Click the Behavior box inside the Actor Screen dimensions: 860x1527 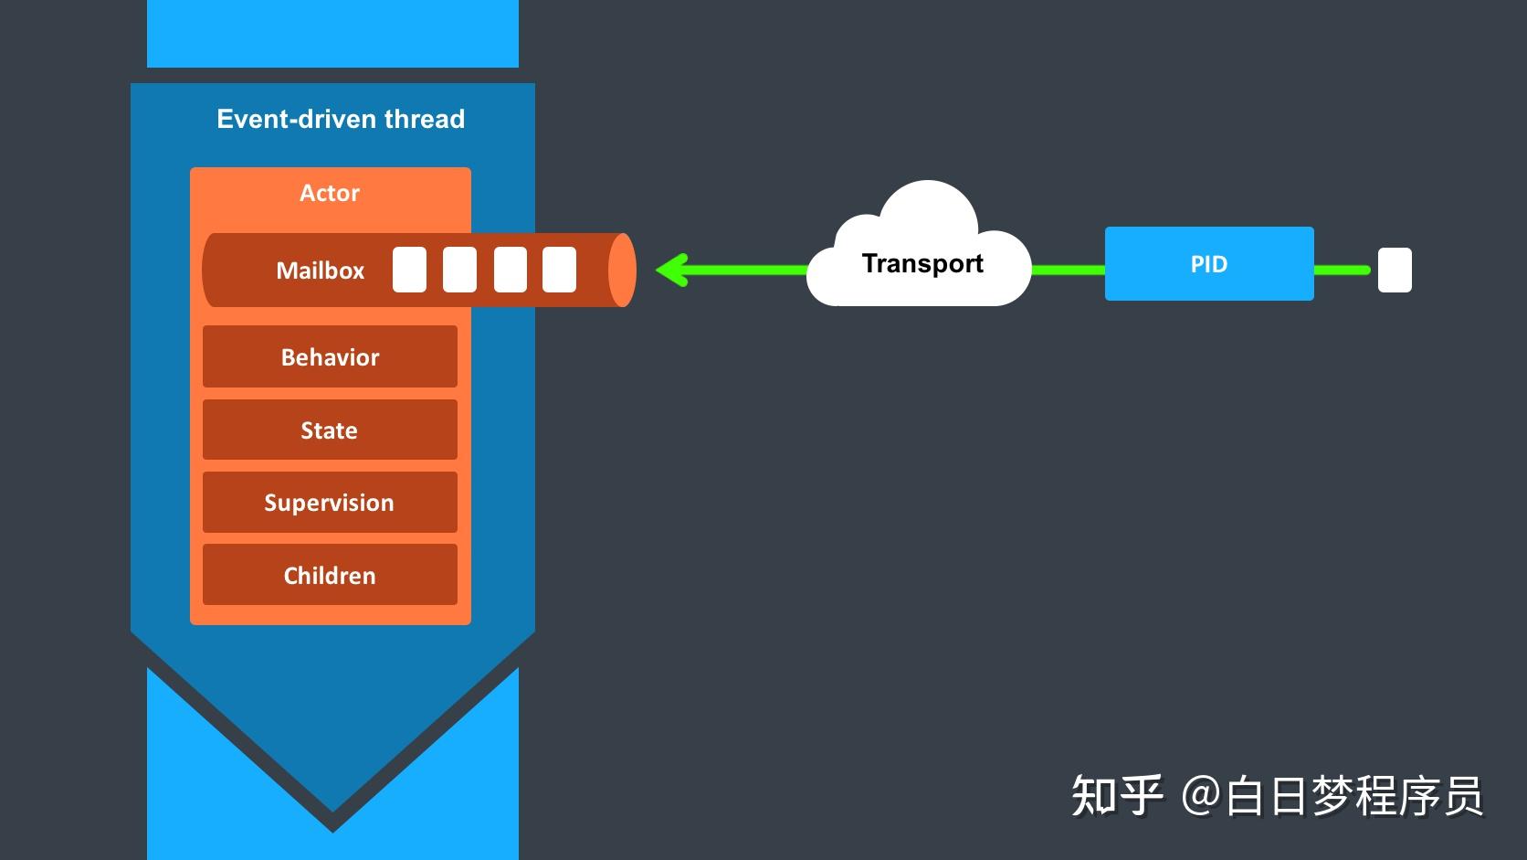coord(330,356)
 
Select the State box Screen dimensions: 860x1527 coord(330,430)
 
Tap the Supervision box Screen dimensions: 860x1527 coord(330,502)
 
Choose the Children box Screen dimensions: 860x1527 coord(330,575)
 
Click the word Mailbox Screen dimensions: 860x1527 coord(320,271)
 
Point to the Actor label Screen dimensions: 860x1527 coord(330,193)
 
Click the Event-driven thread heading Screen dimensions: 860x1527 coord(341,119)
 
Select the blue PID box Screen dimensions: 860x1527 coord(1209,264)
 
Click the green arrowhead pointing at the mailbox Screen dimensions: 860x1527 coord(673,270)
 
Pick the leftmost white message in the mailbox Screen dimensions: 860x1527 coord(409,270)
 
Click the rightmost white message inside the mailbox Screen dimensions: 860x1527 coord(559,270)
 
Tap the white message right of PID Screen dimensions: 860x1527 coord(1395,270)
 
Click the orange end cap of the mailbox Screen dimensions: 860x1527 coord(621,270)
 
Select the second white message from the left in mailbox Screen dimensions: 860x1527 coord(459,270)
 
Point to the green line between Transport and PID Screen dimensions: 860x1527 coord(1068,270)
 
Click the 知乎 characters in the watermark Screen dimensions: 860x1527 coord(1117,795)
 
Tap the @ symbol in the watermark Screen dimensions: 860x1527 coord(1200,795)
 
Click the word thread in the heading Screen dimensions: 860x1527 coord(425,119)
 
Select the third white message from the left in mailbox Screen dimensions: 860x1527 coord(511,270)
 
